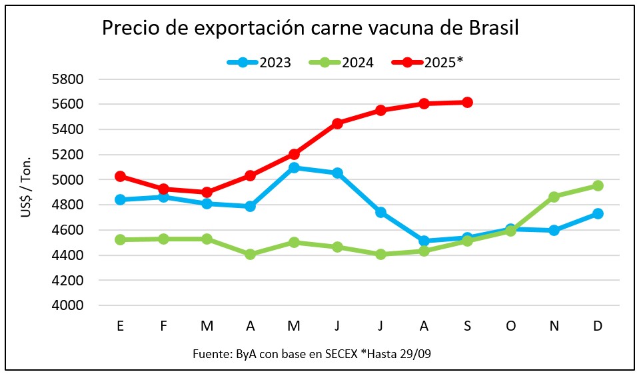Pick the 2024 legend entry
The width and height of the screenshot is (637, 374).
356,63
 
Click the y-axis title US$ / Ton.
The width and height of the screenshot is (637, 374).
26,192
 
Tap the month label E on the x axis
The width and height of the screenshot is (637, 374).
120,325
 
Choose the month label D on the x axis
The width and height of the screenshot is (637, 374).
598,325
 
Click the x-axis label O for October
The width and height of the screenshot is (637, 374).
511,325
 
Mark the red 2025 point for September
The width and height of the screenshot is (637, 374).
467,102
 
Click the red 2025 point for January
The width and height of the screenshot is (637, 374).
120,177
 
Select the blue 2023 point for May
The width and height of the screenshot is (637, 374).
294,168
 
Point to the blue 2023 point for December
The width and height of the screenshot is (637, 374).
598,214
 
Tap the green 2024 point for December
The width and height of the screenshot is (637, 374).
598,186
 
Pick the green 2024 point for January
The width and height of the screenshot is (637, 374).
120,239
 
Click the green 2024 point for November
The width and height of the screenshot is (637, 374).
554,197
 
